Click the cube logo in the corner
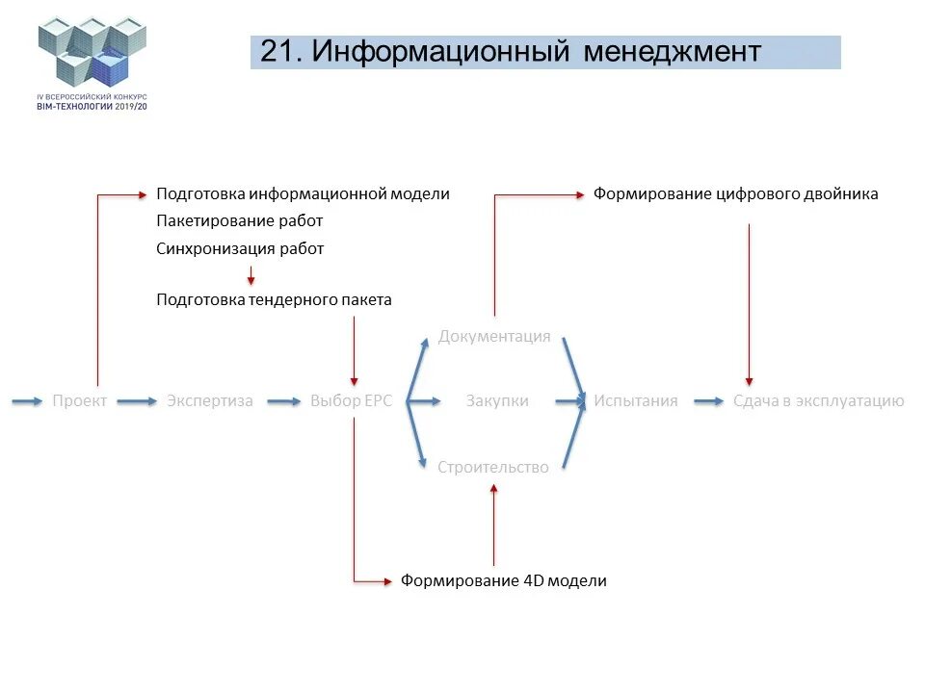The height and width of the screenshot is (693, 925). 92,53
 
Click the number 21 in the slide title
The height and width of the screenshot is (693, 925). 277,52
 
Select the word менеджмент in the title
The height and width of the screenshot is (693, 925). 672,52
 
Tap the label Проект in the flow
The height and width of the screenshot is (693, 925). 80,401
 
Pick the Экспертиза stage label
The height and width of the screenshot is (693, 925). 210,401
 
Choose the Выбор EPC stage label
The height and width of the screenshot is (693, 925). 352,401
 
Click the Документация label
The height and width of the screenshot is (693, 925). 494,337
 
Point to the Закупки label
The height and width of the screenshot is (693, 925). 497,401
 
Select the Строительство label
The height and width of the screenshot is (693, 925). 493,468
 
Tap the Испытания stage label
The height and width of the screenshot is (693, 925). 636,401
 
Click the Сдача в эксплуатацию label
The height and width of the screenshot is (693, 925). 819,401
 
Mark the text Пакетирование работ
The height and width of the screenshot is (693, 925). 240,221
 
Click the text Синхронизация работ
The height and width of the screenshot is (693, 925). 240,248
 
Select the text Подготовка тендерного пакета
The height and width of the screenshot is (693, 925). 275,300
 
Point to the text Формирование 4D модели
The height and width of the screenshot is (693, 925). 504,581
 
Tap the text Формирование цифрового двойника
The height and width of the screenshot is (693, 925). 735,194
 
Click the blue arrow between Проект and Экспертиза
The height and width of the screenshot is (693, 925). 137,401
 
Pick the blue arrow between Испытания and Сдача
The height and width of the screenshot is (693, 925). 708,401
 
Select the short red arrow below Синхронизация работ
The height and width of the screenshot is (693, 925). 251,274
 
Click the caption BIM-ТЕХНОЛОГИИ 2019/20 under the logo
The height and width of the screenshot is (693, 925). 92,106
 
